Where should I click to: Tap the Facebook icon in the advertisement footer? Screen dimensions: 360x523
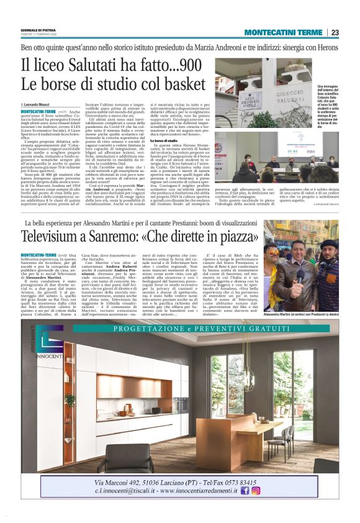tap(245, 490)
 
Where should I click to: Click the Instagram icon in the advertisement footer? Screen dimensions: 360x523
tap(255, 490)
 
